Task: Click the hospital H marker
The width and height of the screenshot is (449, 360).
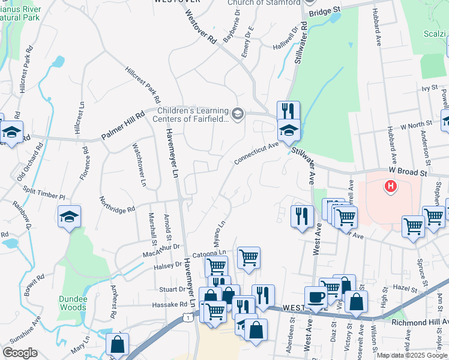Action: (x=391, y=187)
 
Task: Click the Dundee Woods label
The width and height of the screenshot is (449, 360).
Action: (x=73, y=303)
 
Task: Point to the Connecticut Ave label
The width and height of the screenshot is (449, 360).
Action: (x=257, y=153)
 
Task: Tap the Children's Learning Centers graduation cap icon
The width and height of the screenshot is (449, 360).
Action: (x=238, y=114)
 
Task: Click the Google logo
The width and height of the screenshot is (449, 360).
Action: (x=20, y=353)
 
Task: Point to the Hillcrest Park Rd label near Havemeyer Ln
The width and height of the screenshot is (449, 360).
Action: (x=143, y=84)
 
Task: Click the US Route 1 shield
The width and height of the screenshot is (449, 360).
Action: (x=190, y=317)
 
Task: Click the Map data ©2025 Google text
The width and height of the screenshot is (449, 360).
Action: (x=411, y=355)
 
